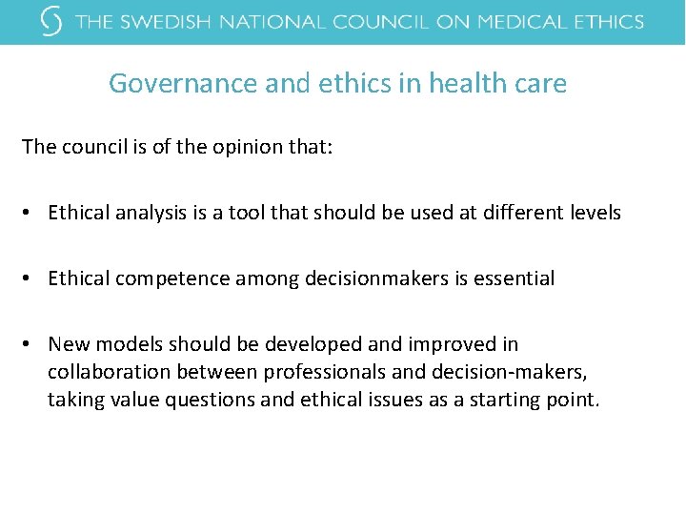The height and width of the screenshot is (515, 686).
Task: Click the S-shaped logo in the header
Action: (53, 21)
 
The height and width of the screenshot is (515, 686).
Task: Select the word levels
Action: (594, 213)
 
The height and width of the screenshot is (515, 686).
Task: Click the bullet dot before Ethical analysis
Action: (31, 214)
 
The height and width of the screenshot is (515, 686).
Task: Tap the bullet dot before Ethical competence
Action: (31, 279)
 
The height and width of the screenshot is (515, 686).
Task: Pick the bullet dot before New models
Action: (31, 344)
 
